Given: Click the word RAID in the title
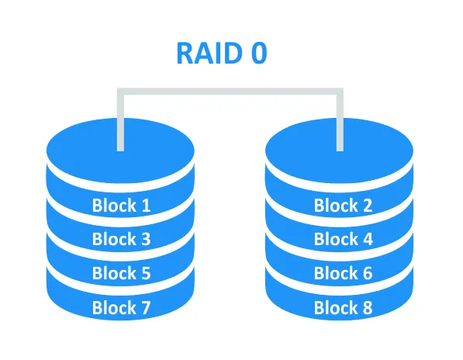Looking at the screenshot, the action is [209, 54].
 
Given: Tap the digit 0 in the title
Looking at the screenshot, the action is [259, 54].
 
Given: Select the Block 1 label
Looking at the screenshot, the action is [121, 205].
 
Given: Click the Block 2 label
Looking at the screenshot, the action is [343, 205].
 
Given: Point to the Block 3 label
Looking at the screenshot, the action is [121, 239].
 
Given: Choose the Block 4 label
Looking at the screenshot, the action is [344, 239].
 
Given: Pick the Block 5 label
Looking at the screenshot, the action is [121, 272].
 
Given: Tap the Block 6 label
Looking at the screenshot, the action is [343, 272].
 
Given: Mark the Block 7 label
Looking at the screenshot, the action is [121, 307].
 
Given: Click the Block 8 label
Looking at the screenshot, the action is [343, 307].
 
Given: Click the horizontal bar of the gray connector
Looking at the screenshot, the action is [230, 92].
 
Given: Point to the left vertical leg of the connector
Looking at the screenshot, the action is [120, 119].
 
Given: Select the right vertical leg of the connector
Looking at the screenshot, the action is [340, 119].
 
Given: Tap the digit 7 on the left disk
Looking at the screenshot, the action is [145, 307].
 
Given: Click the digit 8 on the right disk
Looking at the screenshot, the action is [367, 307].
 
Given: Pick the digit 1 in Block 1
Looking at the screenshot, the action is [146, 206].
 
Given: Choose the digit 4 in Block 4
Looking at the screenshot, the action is [368, 239].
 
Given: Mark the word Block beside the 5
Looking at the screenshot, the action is [114, 272].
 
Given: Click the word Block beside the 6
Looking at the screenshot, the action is [336, 272].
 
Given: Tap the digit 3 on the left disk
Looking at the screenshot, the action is [146, 239].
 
